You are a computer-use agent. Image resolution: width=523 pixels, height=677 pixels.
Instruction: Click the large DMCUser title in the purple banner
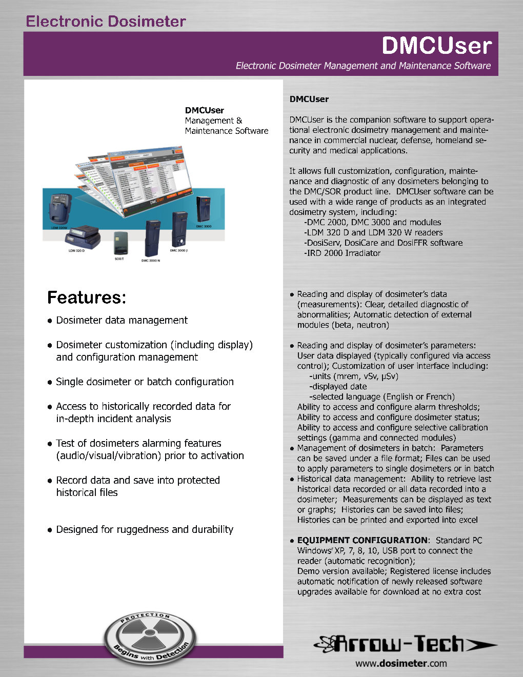tap(436, 46)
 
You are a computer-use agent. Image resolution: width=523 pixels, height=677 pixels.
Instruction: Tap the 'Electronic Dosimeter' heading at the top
tap(106, 22)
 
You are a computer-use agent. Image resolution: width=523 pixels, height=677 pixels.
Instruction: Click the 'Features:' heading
tap(86, 297)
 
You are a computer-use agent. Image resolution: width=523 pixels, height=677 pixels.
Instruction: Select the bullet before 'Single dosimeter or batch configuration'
tap(50, 382)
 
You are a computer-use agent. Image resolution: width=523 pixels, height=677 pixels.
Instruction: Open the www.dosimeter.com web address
tap(401, 663)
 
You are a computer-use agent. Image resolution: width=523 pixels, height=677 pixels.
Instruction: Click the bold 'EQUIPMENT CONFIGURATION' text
tap(362, 540)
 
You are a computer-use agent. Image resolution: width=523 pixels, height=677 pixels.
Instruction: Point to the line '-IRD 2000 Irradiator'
tap(342, 253)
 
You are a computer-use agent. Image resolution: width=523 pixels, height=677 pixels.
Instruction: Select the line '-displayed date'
tap(338, 386)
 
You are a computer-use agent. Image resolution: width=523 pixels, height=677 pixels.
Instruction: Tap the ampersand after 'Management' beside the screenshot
tap(239, 121)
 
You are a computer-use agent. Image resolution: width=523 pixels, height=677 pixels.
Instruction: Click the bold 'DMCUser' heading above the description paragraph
tap(309, 99)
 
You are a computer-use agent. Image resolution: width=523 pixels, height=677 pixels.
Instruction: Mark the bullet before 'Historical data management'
tap(292, 479)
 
